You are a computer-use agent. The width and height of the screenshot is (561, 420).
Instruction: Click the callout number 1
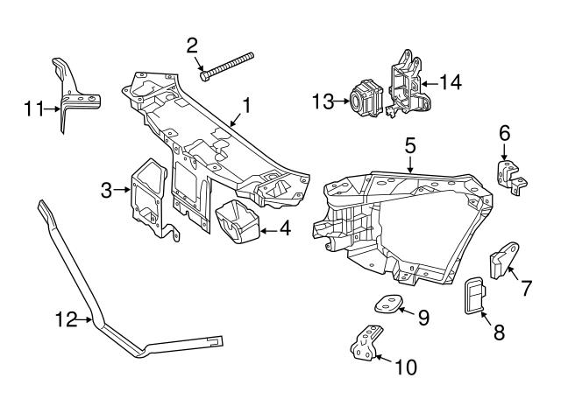pyautogui.click(x=246, y=106)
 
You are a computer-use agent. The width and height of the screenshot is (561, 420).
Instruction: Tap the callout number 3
pyautogui.click(x=107, y=188)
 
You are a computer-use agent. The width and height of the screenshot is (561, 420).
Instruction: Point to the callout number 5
pyautogui.click(x=408, y=144)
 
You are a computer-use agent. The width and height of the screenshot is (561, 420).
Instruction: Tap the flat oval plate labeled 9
pyautogui.click(x=386, y=304)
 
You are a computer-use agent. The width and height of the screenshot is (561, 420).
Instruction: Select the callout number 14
pyautogui.click(x=450, y=83)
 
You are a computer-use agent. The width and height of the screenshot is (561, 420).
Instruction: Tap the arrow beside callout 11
pyautogui.click(x=52, y=110)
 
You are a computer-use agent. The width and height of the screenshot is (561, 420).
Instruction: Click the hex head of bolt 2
pyautogui.click(x=204, y=75)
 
